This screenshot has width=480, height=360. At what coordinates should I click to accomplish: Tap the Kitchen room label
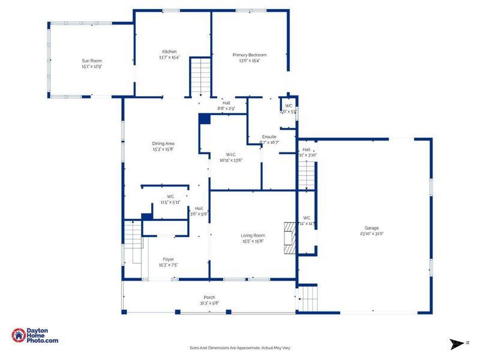tap(169, 52)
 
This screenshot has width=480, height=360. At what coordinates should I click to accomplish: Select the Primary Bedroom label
tap(249, 55)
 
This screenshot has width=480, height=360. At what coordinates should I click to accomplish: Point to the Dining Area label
tap(163, 143)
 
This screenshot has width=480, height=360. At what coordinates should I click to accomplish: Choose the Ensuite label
tap(269, 137)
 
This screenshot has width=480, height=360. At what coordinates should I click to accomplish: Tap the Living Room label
tap(253, 236)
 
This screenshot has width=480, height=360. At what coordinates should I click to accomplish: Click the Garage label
tap(371, 228)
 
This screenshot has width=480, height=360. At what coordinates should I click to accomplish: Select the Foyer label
tap(168, 259)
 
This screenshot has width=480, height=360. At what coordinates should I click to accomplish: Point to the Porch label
tap(209, 297)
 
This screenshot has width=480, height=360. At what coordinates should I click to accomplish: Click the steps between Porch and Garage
tap(307, 298)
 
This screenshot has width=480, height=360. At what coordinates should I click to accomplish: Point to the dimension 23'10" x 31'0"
tap(371, 234)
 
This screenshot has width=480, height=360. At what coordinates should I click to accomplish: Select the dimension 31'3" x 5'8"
tap(209, 303)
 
